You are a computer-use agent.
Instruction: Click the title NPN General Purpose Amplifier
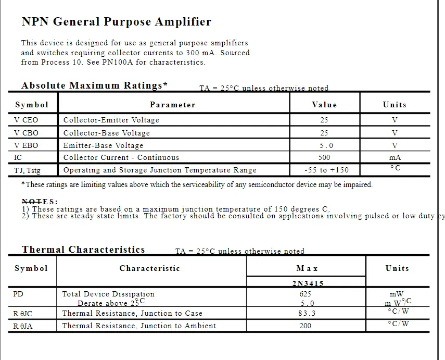pyautogui.click(x=117, y=22)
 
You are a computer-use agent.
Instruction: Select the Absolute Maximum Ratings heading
pyautogui.click(x=94, y=85)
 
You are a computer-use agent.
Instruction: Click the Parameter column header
pyautogui.click(x=173, y=105)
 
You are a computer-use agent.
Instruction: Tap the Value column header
pyautogui.click(x=324, y=105)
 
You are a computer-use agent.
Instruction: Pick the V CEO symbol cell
pyautogui.click(x=26, y=120)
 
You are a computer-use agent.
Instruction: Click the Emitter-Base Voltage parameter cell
pyautogui.click(x=103, y=145)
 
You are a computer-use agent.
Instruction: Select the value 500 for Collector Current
pyautogui.click(x=324, y=157)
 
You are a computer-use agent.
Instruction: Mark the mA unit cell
pyautogui.click(x=395, y=157)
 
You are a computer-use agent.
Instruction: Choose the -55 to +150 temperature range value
pyautogui.click(x=326, y=170)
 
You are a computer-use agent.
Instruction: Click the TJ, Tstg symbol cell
pyautogui.click(x=27, y=170)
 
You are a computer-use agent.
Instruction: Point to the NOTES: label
pyautogui.click(x=40, y=202)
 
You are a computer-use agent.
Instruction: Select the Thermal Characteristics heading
pyautogui.click(x=83, y=250)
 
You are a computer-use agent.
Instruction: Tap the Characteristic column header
pyautogui.click(x=150, y=268)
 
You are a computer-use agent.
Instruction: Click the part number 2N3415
pyautogui.click(x=306, y=284)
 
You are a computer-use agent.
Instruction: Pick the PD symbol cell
pyautogui.click(x=18, y=294)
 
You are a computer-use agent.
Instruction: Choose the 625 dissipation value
pyautogui.click(x=306, y=294)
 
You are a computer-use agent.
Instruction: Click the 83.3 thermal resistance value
pyautogui.click(x=306, y=313)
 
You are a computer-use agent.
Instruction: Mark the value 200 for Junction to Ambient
pyautogui.click(x=306, y=326)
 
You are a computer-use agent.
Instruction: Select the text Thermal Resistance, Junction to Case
pyautogui.click(x=132, y=313)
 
